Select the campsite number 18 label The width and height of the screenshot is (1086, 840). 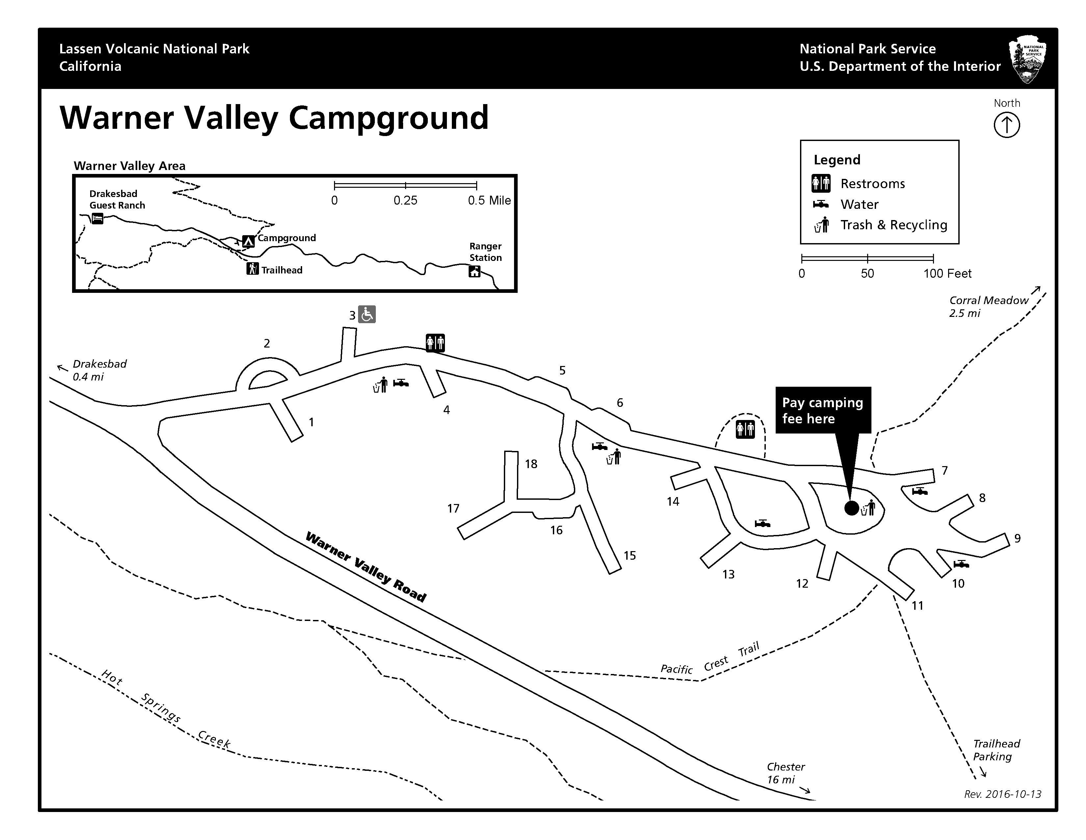(531, 464)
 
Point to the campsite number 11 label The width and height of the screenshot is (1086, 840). (918, 605)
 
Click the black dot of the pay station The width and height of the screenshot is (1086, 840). (851, 508)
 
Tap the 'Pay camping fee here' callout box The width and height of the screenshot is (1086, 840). (823, 410)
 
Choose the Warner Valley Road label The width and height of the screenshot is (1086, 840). (366, 567)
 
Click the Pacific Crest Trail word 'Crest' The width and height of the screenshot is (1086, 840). (716, 663)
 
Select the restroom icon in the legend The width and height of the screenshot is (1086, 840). (821, 183)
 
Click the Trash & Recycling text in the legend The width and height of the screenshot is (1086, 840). (893, 225)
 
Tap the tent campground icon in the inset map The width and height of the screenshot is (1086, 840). (248, 241)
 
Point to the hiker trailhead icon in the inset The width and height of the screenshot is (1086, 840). (253, 269)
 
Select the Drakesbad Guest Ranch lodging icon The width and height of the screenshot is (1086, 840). (97, 218)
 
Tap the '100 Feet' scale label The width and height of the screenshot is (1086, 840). (947, 273)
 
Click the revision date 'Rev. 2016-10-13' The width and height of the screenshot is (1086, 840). (1002, 794)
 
